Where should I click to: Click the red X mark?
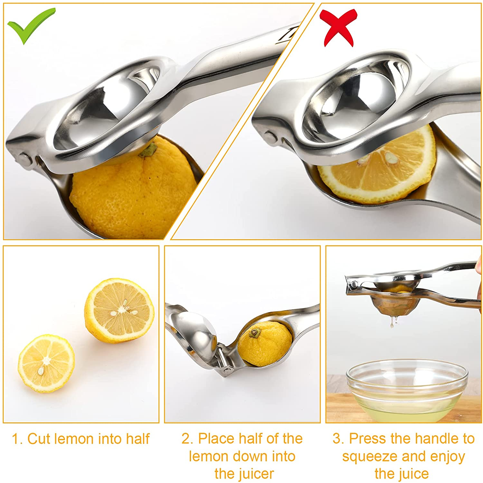pyautogui.click(x=338, y=27)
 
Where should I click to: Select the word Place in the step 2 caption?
pyautogui.click(x=214, y=439)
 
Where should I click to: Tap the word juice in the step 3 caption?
pyautogui.click(x=413, y=474)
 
